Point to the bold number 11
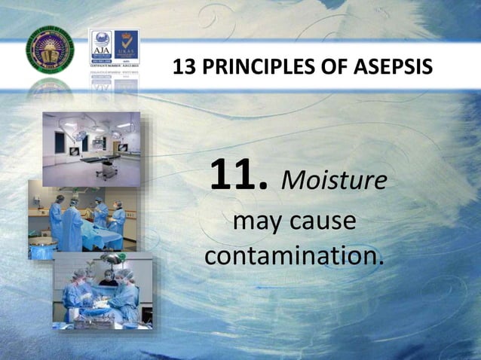(238, 175)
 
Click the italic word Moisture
(334, 181)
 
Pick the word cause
(325, 222)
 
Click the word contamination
(293, 256)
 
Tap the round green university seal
(51, 51)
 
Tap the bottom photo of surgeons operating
(102, 294)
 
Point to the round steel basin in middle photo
(42, 246)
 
